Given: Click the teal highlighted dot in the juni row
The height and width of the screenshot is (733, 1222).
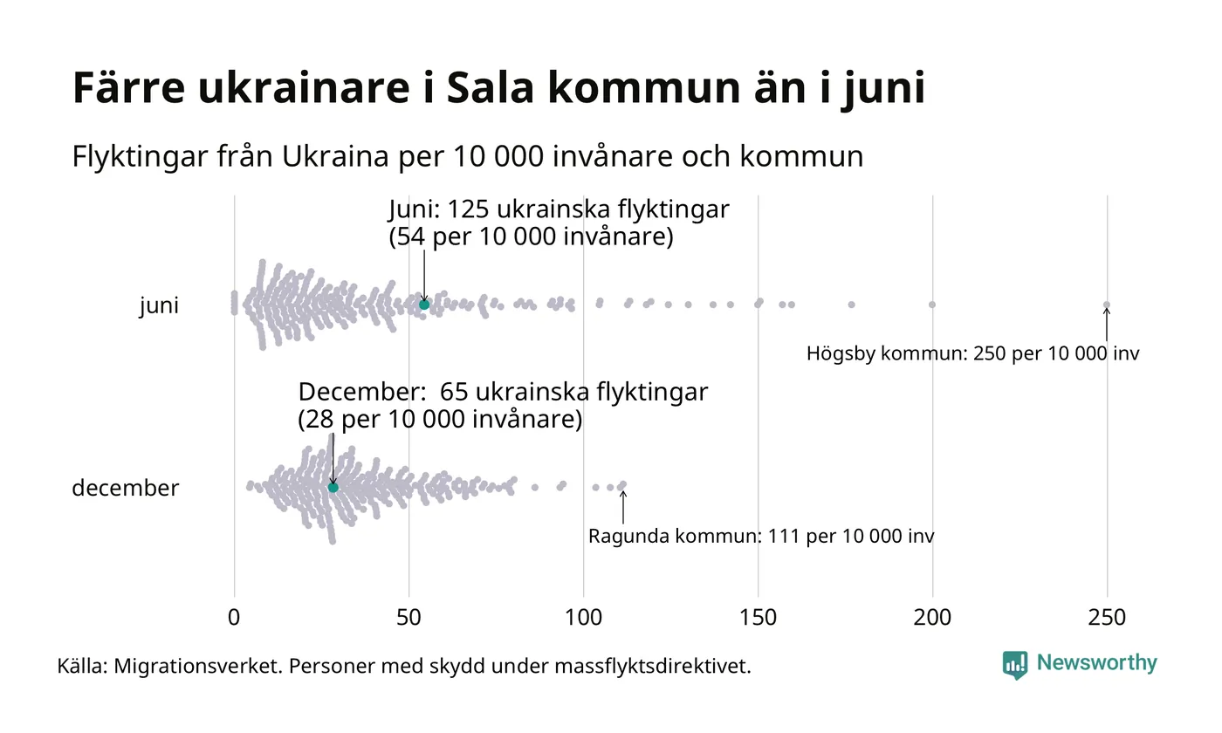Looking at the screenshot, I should [424, 304].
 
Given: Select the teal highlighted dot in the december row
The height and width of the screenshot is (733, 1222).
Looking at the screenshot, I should [333, 487].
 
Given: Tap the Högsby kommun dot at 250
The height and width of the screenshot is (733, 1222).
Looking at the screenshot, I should [1107, 305].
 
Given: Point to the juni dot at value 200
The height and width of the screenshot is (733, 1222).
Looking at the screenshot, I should [932, 305].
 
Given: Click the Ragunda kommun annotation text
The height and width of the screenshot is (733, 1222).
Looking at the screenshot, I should [760, 536].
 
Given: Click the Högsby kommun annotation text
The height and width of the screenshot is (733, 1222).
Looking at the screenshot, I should [972, 354].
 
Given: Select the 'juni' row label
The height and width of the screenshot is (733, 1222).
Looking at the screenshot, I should [159, 305].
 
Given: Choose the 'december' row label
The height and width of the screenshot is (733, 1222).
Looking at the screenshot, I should [125, 488].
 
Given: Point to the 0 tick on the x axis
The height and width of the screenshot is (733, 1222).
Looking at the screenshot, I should [234, 618].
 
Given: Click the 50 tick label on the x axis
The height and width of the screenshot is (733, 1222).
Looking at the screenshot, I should [408, 618].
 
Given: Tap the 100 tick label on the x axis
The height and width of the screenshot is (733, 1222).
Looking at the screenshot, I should [583, 618].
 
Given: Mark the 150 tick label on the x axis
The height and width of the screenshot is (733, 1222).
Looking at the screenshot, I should [758, 618].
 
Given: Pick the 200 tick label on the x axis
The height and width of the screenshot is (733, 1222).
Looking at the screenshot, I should [932, 618].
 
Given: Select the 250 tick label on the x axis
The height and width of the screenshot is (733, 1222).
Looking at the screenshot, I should [1107, 618].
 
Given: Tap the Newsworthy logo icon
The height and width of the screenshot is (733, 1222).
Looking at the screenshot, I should [1014, 665].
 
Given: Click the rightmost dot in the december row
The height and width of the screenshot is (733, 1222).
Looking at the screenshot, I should [622, 484].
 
